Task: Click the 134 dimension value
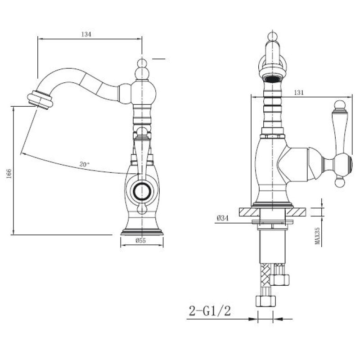click(86, 34)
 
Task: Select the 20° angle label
click(84, 164)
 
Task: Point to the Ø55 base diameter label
click(141, 241)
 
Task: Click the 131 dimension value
click(298, 93)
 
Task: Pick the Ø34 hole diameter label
click(223, 218)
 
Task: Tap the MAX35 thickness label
click(318, 236)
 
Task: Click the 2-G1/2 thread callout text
click(210, 311)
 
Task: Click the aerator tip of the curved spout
click(40, 100)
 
